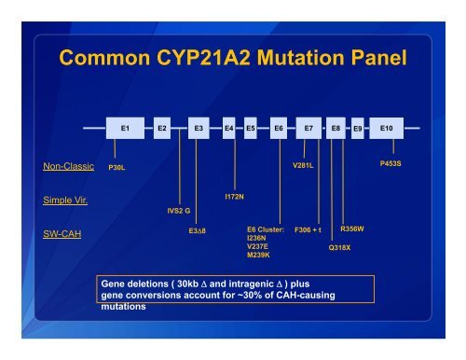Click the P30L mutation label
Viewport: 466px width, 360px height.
pos(116,168)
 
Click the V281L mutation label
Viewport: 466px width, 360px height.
pos(304,165)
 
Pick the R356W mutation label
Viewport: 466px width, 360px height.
pos(352,228)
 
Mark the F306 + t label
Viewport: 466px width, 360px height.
pos(308,229)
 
